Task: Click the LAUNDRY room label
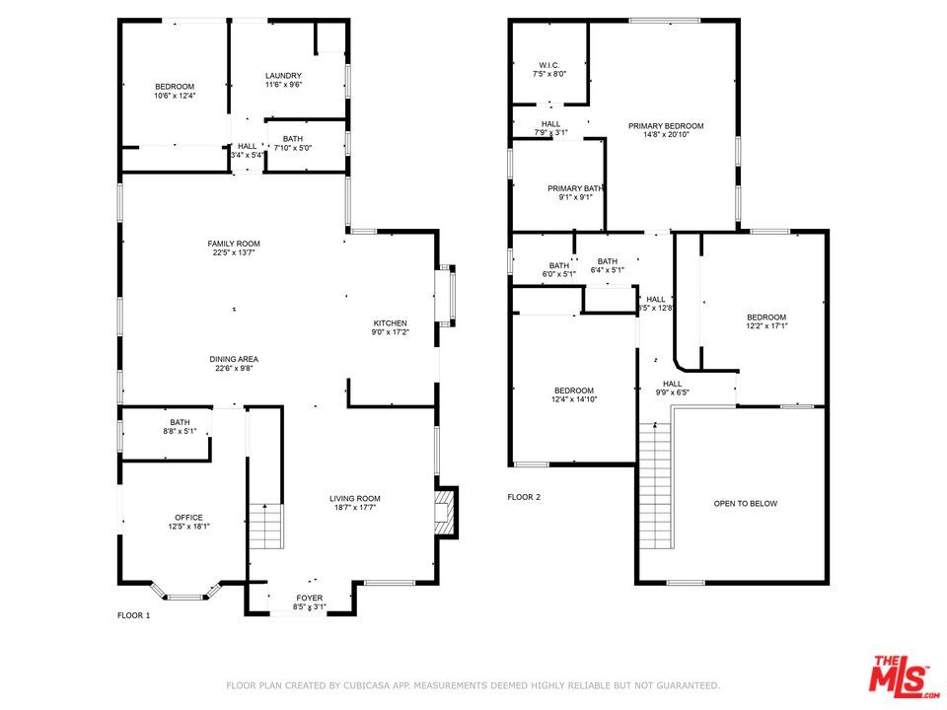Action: pos(283,76)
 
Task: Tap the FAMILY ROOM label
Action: pos(234,244)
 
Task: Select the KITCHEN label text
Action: pos(390,323)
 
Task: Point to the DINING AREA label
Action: pos(234,359)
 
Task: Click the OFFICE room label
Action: pos(188,518)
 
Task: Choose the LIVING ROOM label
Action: pos(355,498)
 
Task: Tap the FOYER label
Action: pos(310,598)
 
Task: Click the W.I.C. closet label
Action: pos(549,65)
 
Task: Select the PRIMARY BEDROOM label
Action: pos(667,126)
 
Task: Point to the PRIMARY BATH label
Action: pos(576,188)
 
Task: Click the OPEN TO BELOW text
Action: pos(746,504)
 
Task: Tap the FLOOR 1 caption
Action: pos(134,615)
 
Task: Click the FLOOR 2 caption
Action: pos(524,497)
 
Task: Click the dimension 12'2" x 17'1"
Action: pos(766,325)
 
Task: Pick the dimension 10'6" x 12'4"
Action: pos(175,96)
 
